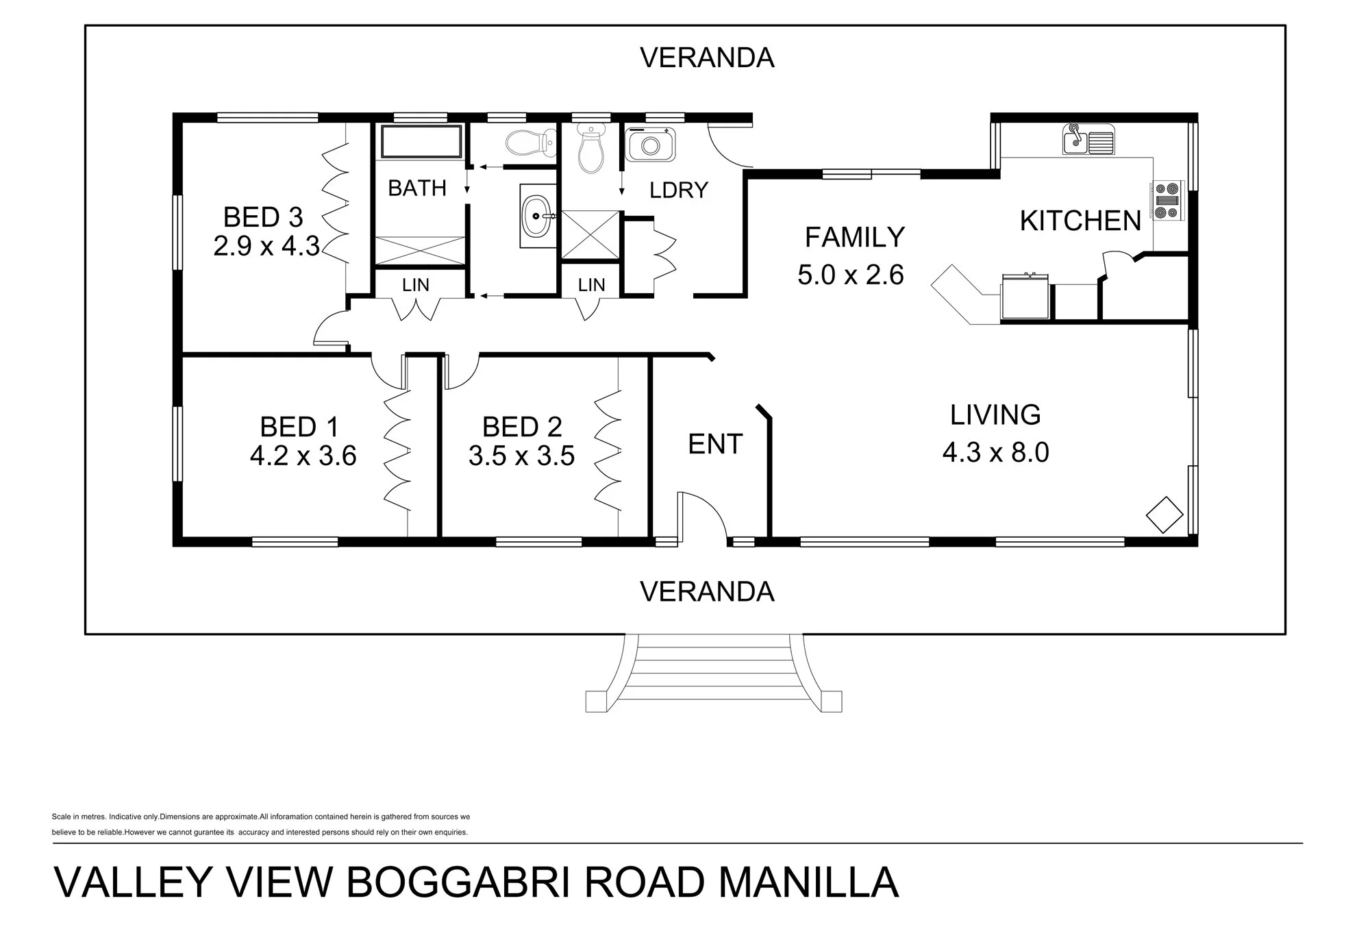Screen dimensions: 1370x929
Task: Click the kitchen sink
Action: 1088,139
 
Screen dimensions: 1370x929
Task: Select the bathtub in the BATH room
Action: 421,141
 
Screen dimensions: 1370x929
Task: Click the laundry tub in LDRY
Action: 650,145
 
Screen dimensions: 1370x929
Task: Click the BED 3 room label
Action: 263,217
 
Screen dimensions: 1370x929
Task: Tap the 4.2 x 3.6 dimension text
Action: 303,456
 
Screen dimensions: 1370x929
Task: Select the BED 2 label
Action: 522,427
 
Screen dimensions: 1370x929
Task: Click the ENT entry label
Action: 715,444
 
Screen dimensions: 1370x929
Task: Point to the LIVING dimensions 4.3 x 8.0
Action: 995,452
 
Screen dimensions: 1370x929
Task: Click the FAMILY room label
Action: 854,237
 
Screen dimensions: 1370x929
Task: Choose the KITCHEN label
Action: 1080,221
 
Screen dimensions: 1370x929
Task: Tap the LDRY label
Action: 678,190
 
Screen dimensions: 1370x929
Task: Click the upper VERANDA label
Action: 707,58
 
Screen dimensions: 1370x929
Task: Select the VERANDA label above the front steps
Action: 707,591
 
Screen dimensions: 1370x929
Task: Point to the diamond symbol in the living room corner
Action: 1164,515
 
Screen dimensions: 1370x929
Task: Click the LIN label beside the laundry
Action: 591,284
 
